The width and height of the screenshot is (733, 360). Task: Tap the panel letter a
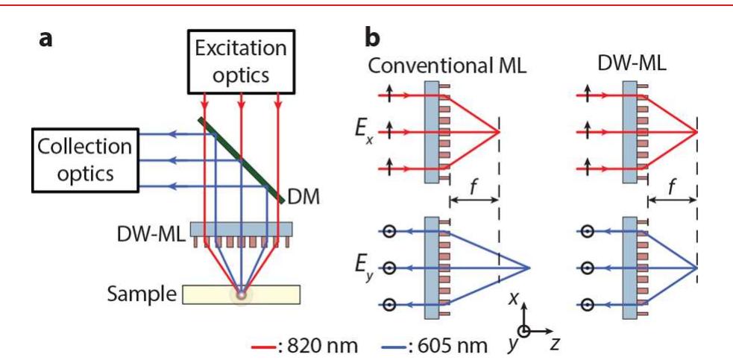45,38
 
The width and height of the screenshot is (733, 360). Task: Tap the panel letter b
375,37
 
